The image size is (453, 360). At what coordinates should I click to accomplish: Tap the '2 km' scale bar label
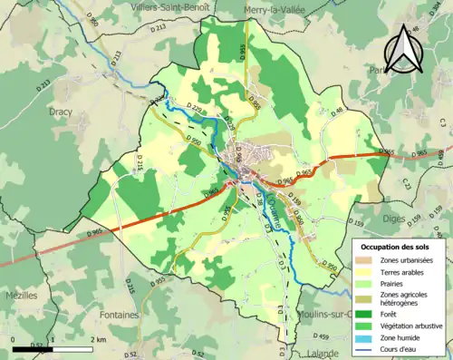click(98, 339)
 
